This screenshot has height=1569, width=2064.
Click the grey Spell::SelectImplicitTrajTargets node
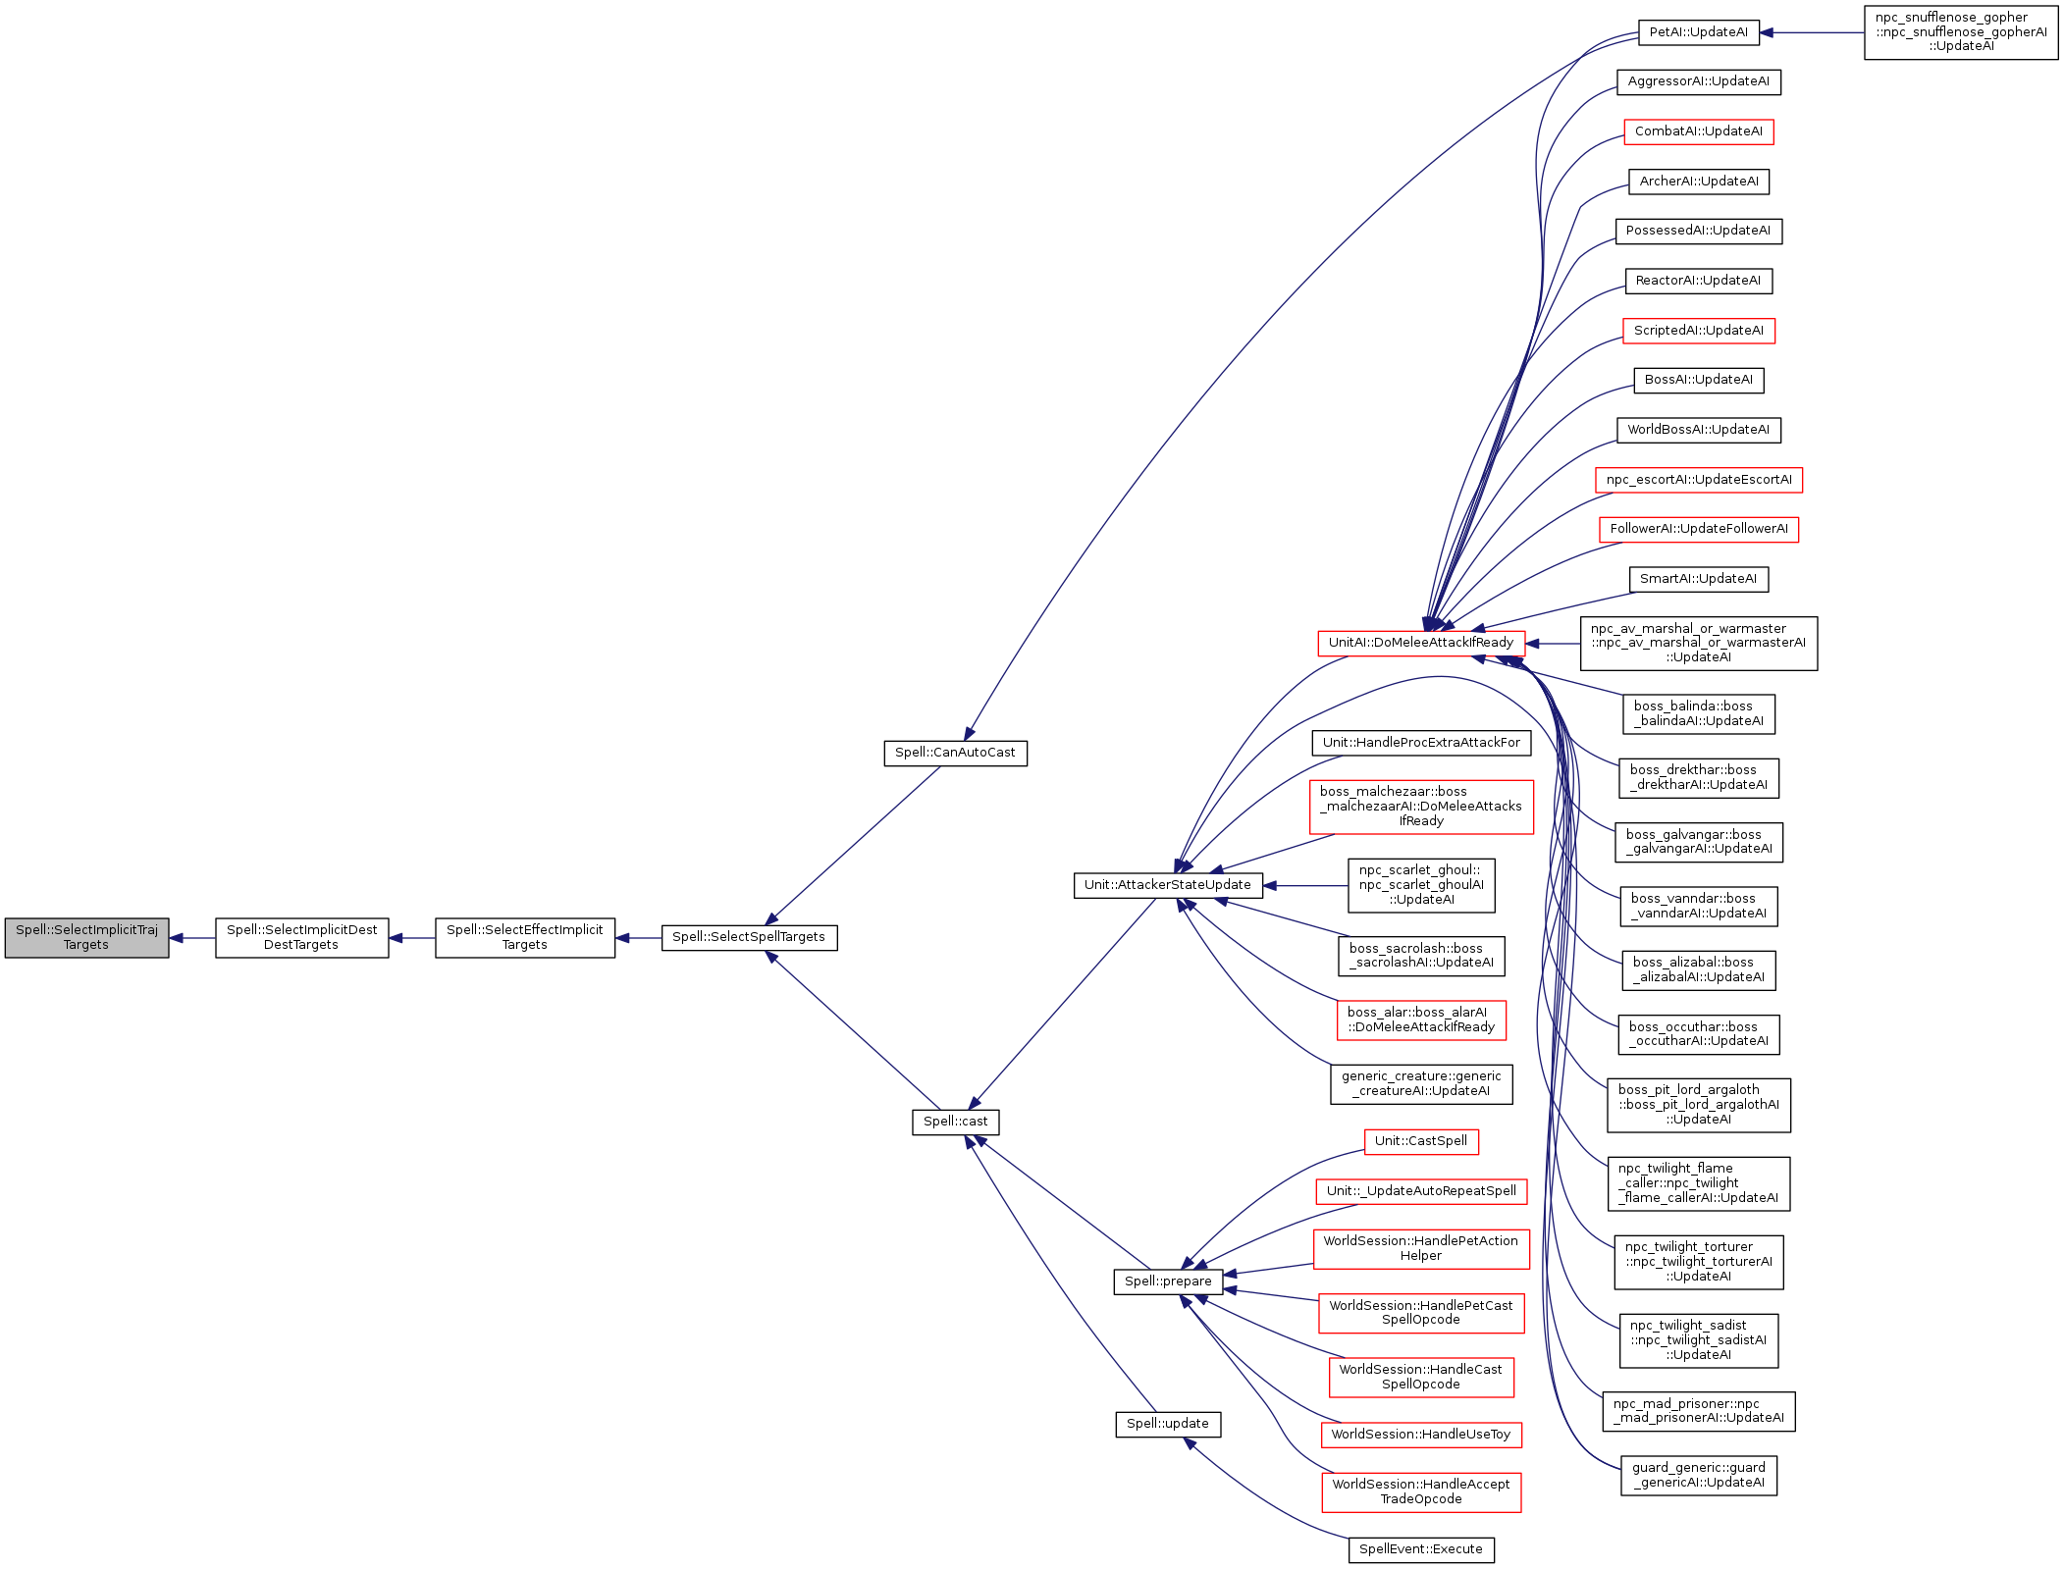pos(86,938)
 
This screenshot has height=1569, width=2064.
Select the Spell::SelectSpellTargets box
pos(749,938)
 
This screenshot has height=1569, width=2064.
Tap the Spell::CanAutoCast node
pos(955,754)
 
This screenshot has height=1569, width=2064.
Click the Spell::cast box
pos(955,1122)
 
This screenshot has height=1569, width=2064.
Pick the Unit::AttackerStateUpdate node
pos(1167,885)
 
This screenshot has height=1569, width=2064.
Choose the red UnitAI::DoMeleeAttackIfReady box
pos(1420,644)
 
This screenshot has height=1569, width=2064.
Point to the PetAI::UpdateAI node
pos(1698,32)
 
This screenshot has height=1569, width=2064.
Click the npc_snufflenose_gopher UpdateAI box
pos(1960,32)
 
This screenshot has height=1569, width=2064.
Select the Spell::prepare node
pos(1168,1281)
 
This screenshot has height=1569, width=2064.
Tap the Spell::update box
pos(1167,1424)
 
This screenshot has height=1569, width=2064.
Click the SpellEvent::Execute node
pos(1420,1549)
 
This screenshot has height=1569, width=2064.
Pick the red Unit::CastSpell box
pos(1420,1141)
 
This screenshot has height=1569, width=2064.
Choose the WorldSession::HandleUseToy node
pos(1420,1435)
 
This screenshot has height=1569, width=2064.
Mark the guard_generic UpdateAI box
pos(1698,1476)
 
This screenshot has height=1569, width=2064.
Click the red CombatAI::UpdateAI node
pos(1698,131)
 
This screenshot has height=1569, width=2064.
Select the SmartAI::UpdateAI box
pos(1698,579)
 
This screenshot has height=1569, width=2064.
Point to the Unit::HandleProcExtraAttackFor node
pos(1420,743)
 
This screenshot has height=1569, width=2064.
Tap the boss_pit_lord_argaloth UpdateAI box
pos(1698,1105)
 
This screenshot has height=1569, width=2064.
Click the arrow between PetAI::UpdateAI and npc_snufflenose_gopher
pos(1812,32)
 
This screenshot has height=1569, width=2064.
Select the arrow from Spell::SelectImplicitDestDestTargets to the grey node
pos(192,938)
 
